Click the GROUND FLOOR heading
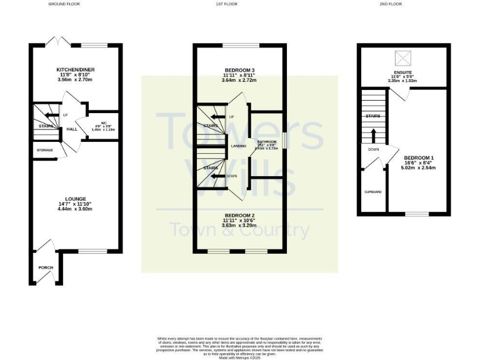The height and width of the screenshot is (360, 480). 64,4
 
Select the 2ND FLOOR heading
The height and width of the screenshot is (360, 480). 389,4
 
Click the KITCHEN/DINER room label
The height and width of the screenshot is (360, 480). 74,69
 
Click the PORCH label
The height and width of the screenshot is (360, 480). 46,267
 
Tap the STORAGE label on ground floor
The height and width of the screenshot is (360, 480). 44,150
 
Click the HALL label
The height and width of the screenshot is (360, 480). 71,129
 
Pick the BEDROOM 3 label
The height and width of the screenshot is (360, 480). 240,70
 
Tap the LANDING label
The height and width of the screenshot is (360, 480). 238,146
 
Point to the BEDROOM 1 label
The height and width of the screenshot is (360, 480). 417,157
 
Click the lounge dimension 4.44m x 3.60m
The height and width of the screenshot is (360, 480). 74,209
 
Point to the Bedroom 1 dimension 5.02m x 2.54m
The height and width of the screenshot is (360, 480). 417,167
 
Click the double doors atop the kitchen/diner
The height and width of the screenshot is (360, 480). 59,41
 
